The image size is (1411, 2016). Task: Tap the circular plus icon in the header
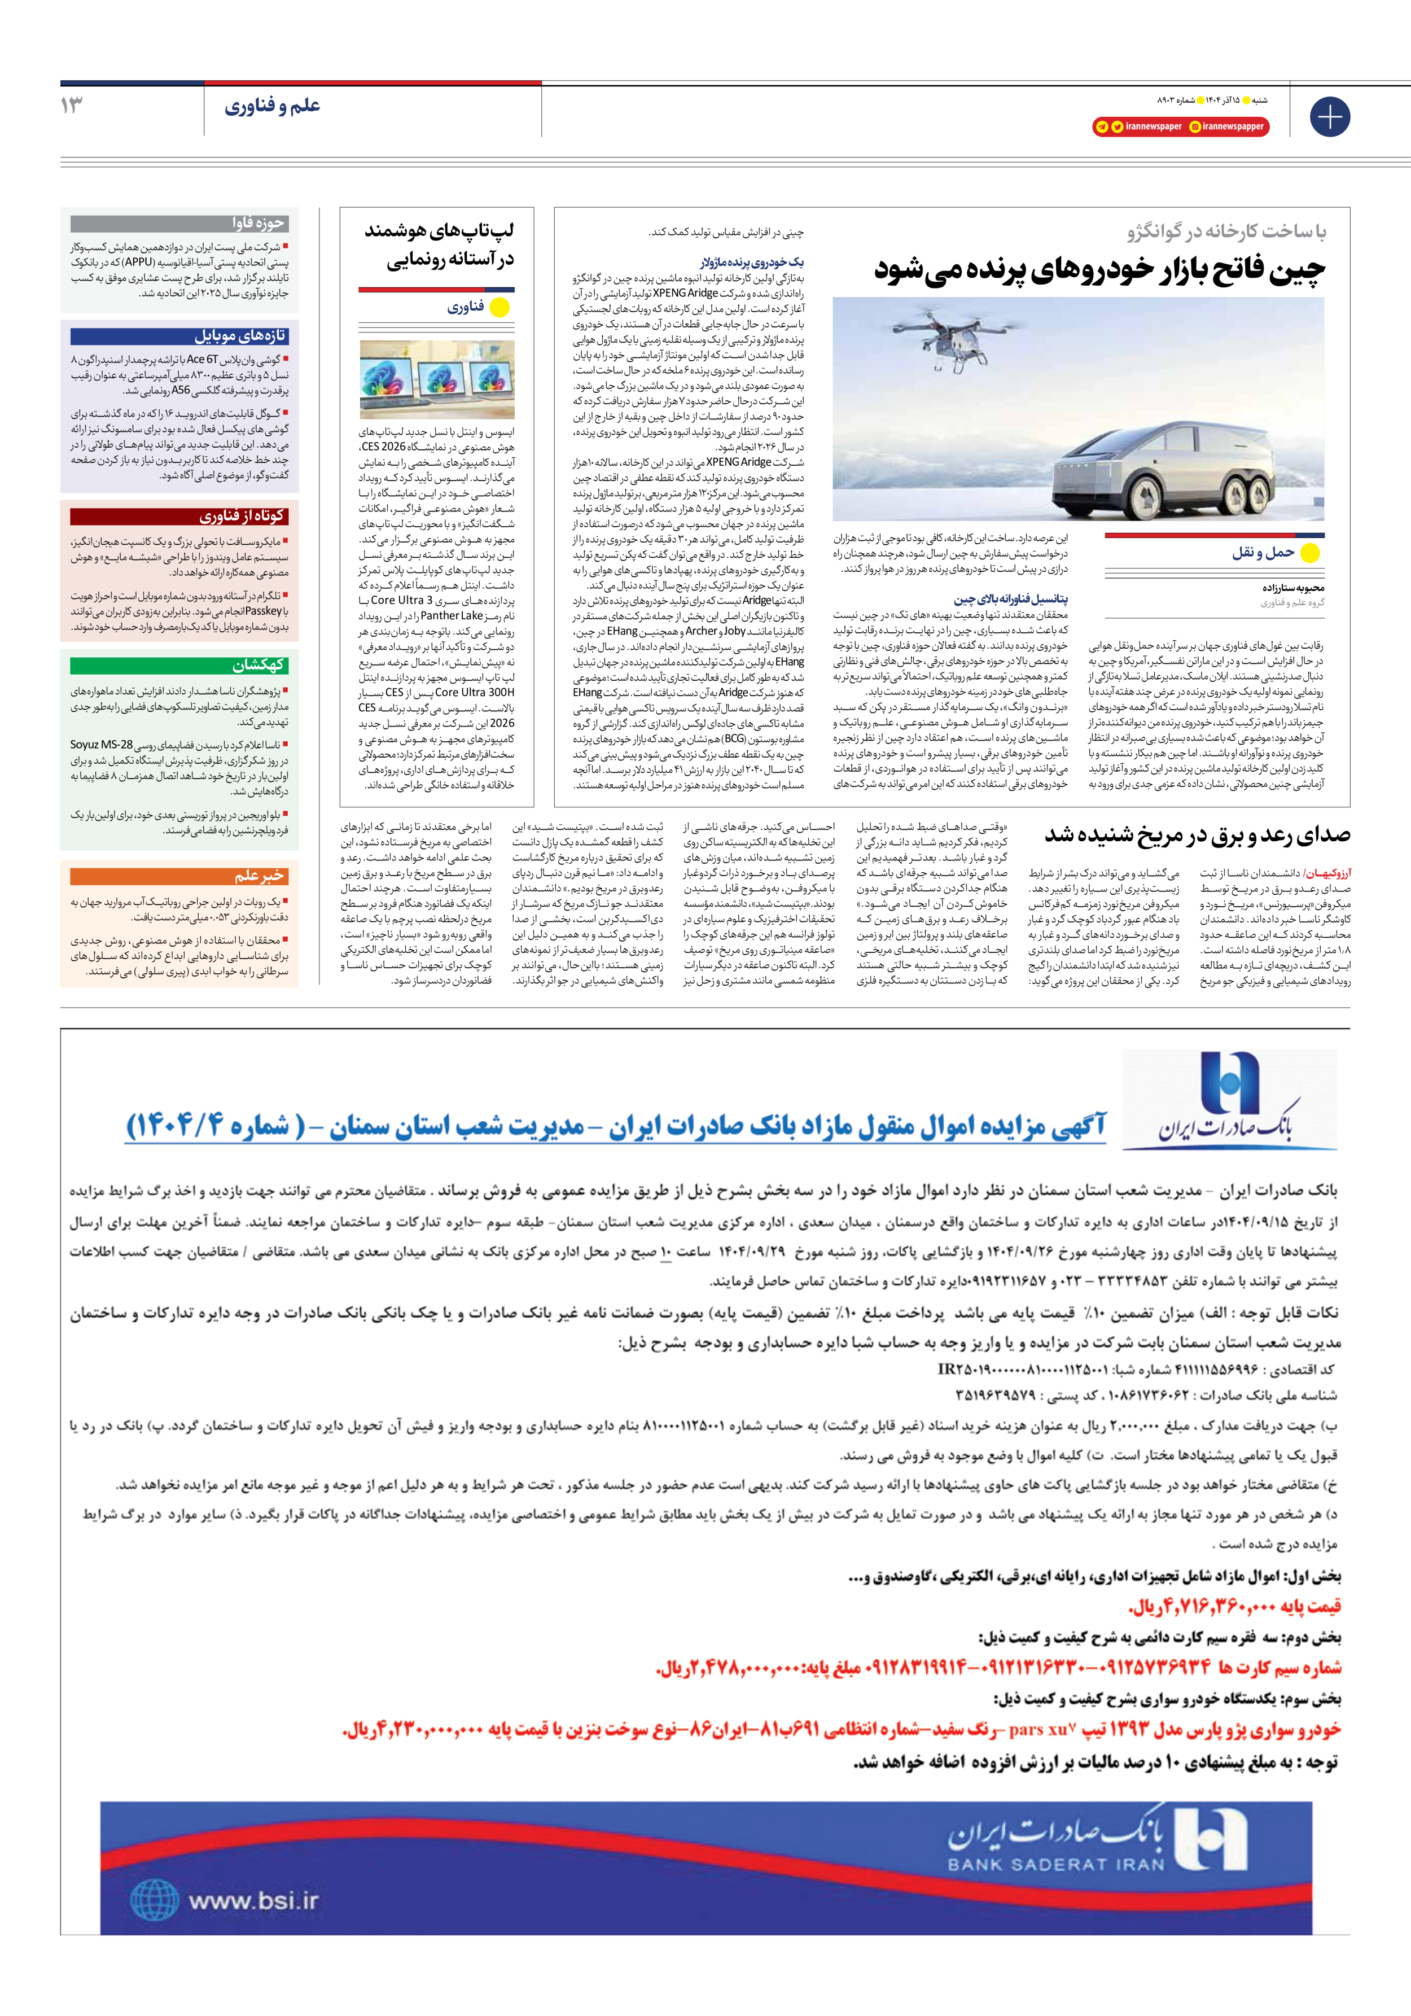[x=1329, y=117]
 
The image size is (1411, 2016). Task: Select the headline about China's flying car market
[x=1099, y=269]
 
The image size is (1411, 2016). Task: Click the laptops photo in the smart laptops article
[x=436, y=379]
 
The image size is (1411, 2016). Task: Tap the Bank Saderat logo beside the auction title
[x=1229, y=1100]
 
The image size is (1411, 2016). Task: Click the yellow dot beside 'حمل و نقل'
[x=1309, y=553]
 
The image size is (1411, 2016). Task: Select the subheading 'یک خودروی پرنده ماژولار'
[x=752, y=261]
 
